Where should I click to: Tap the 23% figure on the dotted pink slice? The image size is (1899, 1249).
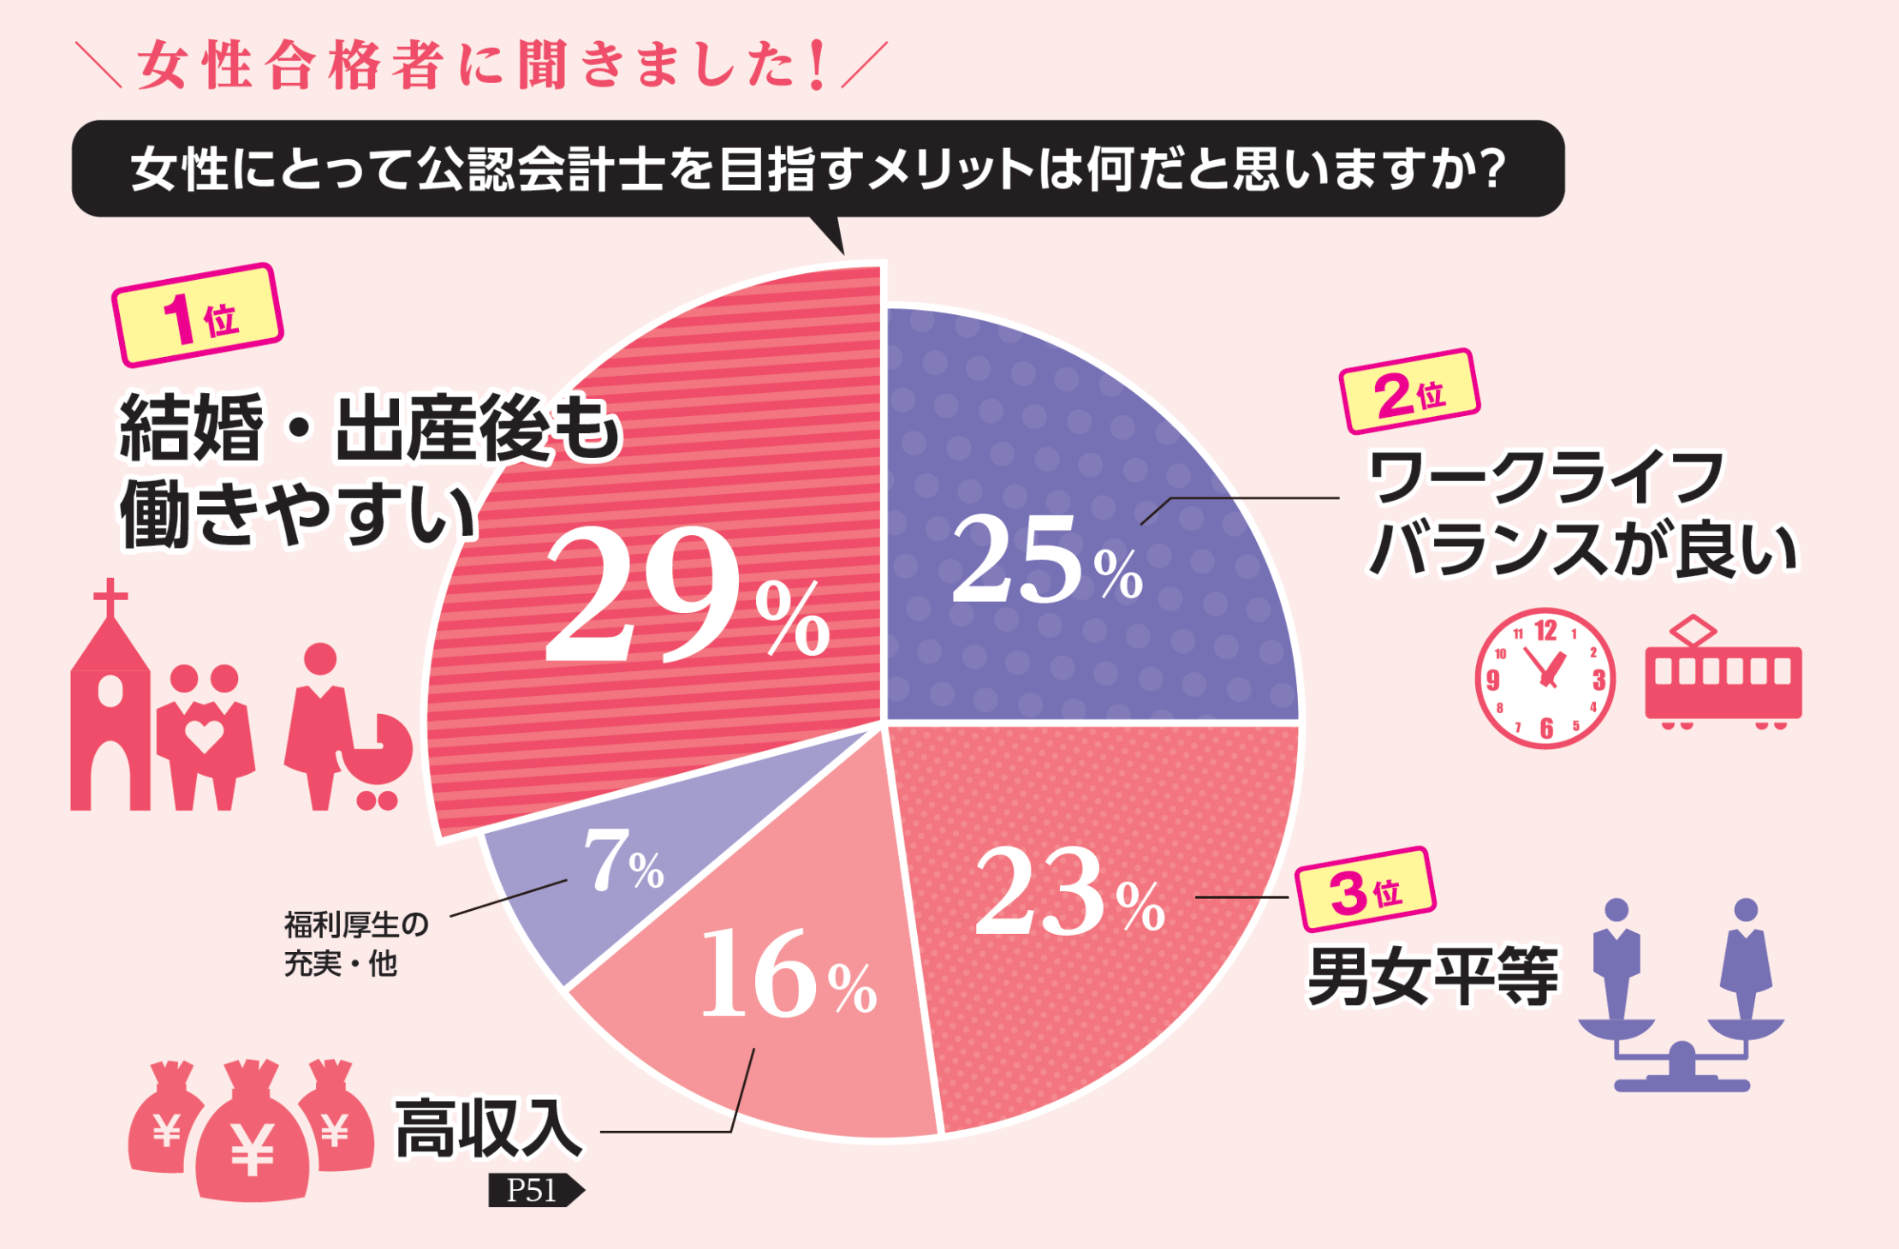click(1070, 894)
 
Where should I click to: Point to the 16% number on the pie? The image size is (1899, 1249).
click(788, 976)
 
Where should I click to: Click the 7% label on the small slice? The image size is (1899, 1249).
click(622, 862)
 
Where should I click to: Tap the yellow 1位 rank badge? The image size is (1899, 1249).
click(198, 316)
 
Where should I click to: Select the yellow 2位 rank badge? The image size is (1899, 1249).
click(1409, 393)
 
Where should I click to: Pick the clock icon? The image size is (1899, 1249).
click(1545, 679)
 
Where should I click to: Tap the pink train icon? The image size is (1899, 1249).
click(1722, 677)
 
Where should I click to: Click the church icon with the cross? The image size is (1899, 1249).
click(109, 702)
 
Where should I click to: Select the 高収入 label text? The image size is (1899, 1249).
click(488, 1129)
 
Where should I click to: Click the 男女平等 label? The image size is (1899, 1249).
click(1432, 977)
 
